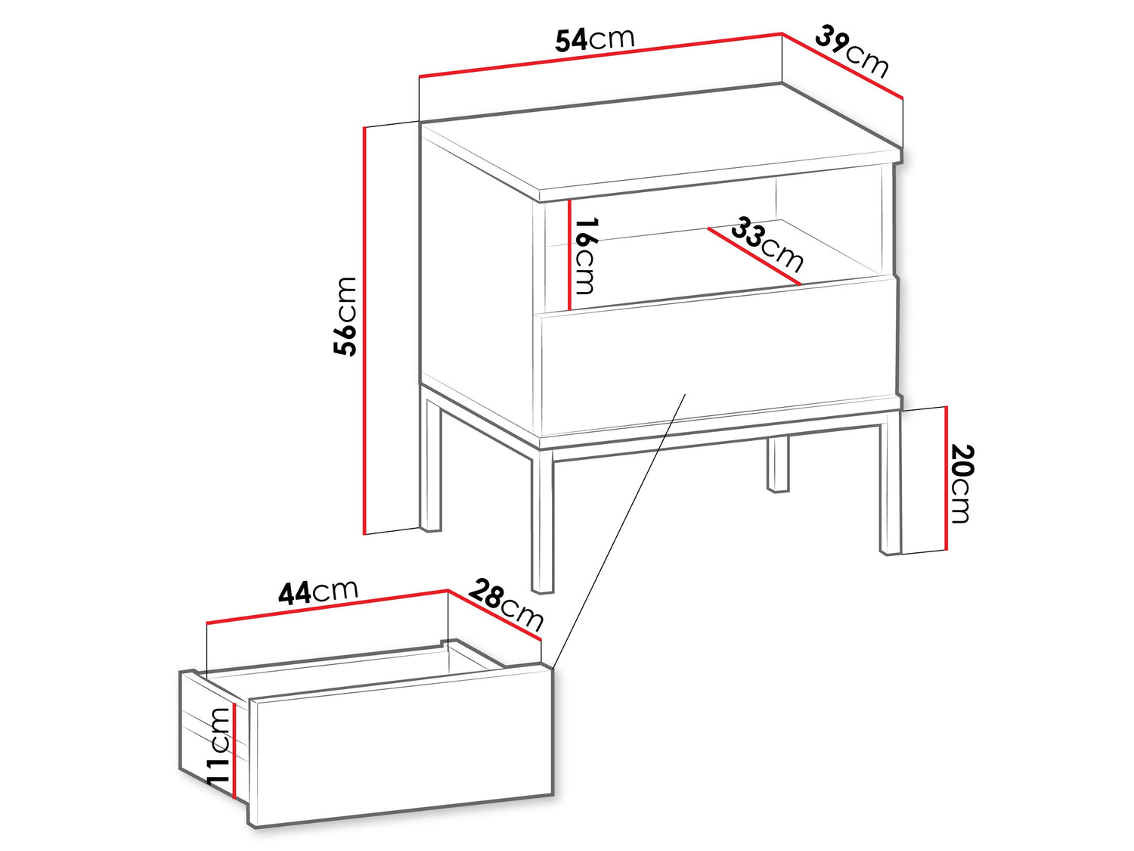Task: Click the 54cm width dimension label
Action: click(594, 39)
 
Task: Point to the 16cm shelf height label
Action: click(585, 255)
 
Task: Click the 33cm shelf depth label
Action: click(767, 244)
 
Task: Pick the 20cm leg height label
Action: click(962, 483)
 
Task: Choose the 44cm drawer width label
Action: click(318, 592)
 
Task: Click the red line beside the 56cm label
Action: click(364, 330)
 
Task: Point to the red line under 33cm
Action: click(754, 256)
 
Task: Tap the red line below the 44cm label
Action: click(327, 606)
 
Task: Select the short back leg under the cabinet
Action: click(777, 464)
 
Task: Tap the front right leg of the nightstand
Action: click(890, 489)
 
